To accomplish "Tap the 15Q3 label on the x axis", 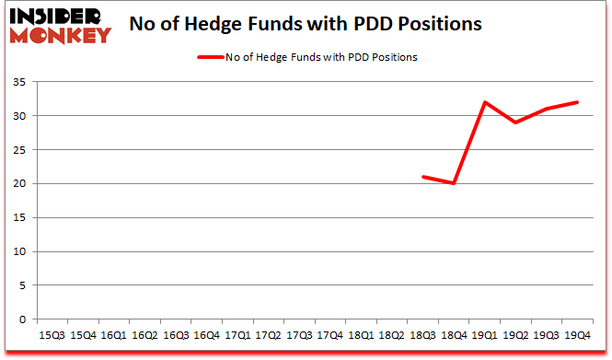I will pyautogui.click(x=51, y=336).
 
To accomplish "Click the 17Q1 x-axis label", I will pyautogui.click(x=237, y=336).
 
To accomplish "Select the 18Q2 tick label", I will pyautogui.click(x=390, y=336).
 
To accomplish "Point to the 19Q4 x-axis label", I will pyautogui.click(x=577, y=336).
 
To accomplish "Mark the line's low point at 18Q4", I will pyautogui.click(x=453, y=184).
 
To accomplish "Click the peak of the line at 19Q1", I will pyautogui.click(x=484, y=102).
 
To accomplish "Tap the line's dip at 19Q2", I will pyautogui.click(x=515, y=122).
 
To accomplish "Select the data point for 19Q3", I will pyautogui.click(x=546, y=109).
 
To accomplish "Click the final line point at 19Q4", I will pyautogui.click(x=577, y=102).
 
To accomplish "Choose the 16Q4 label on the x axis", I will pyautogui.click(x=205, y=336).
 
